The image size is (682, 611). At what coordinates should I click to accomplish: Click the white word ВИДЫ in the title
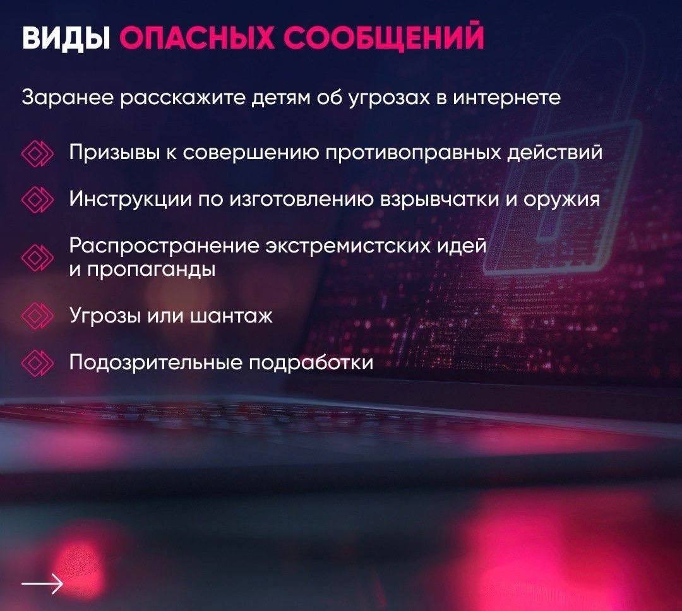pyautogui.click(x=66, y=39)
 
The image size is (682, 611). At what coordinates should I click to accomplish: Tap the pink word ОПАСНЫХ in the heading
pyautogui.click(x=196, y=38)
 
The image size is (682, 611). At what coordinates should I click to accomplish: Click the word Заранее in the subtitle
pyautogui.click(x=68, y=97)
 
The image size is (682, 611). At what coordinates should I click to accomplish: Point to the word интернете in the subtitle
pyautogui.click(x=507, y=97)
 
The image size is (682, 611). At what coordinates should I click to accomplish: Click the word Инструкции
pyautogui.click(x=130, y=200)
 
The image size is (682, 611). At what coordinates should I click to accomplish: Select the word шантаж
pyautogui.click(x=232, y=316)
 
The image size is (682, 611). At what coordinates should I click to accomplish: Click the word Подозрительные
pyautogui.click(x=156, y=363)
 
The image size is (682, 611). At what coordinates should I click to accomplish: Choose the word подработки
pyautogui.click(x=311, y=363)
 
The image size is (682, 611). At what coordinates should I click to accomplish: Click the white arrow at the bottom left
pyautogui.click(x=43, y=584)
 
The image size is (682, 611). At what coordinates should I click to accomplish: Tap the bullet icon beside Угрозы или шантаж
pyautogui.click(x=37, y=316)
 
